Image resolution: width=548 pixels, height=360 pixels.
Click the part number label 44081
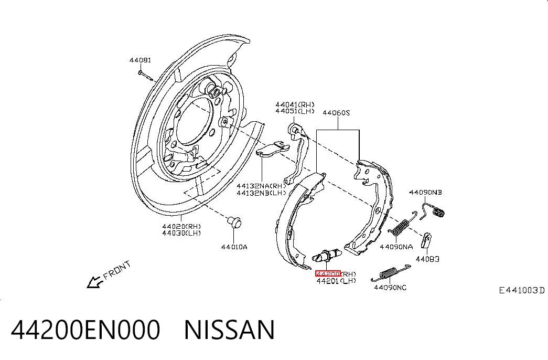140,60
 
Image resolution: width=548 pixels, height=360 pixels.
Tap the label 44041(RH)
295,104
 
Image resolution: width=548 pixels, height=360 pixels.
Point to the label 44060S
336,113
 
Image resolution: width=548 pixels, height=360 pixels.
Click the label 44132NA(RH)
261,186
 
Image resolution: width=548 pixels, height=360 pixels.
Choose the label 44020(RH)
181,226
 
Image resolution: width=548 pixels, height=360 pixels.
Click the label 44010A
234,247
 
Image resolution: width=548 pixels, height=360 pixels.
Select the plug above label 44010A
234,222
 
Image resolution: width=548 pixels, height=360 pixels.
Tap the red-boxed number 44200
328,273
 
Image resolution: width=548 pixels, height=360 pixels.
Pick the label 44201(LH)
336,281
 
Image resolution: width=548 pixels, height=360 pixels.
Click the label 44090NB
425,193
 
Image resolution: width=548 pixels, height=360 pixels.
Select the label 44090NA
396,247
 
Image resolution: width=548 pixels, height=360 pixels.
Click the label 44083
427,259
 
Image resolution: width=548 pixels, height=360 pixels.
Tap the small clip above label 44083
427,240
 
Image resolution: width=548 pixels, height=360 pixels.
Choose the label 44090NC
390,288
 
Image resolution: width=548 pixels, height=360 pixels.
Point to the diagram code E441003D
521,290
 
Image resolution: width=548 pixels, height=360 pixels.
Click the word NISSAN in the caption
229,330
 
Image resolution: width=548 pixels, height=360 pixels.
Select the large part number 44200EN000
85,330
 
